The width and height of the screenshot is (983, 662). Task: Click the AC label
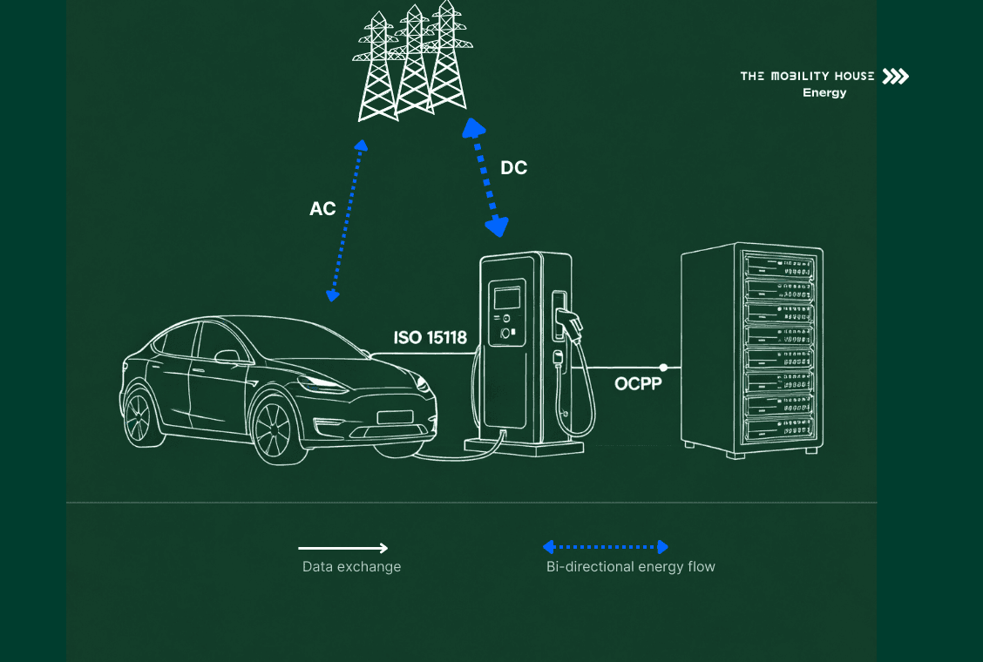(322, 209)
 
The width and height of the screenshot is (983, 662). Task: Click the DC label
(513, 168)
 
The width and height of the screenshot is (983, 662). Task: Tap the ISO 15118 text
(430, 337)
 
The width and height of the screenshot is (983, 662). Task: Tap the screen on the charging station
(506, 298)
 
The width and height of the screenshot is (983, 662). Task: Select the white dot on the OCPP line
(664, 368)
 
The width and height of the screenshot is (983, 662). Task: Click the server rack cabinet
(751, 348)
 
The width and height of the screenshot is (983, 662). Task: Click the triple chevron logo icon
(895, 77)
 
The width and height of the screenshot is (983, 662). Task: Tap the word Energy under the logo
(824, 92)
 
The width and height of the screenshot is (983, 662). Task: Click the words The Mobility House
(807, 77)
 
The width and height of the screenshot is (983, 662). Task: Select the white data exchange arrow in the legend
(343, 548)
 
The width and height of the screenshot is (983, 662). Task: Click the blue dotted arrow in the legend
(605, 547)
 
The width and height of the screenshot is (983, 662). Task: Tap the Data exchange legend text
(351, 567)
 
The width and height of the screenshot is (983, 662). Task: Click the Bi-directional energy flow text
(630, 567)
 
